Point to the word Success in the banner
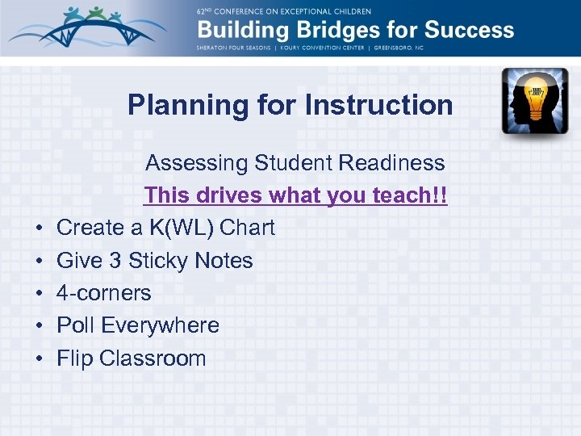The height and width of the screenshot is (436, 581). point(469,31)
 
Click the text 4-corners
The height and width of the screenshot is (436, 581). point(103,293)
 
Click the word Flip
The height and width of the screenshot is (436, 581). point(74,358)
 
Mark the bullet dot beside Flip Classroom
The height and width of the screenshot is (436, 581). point(39,359)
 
